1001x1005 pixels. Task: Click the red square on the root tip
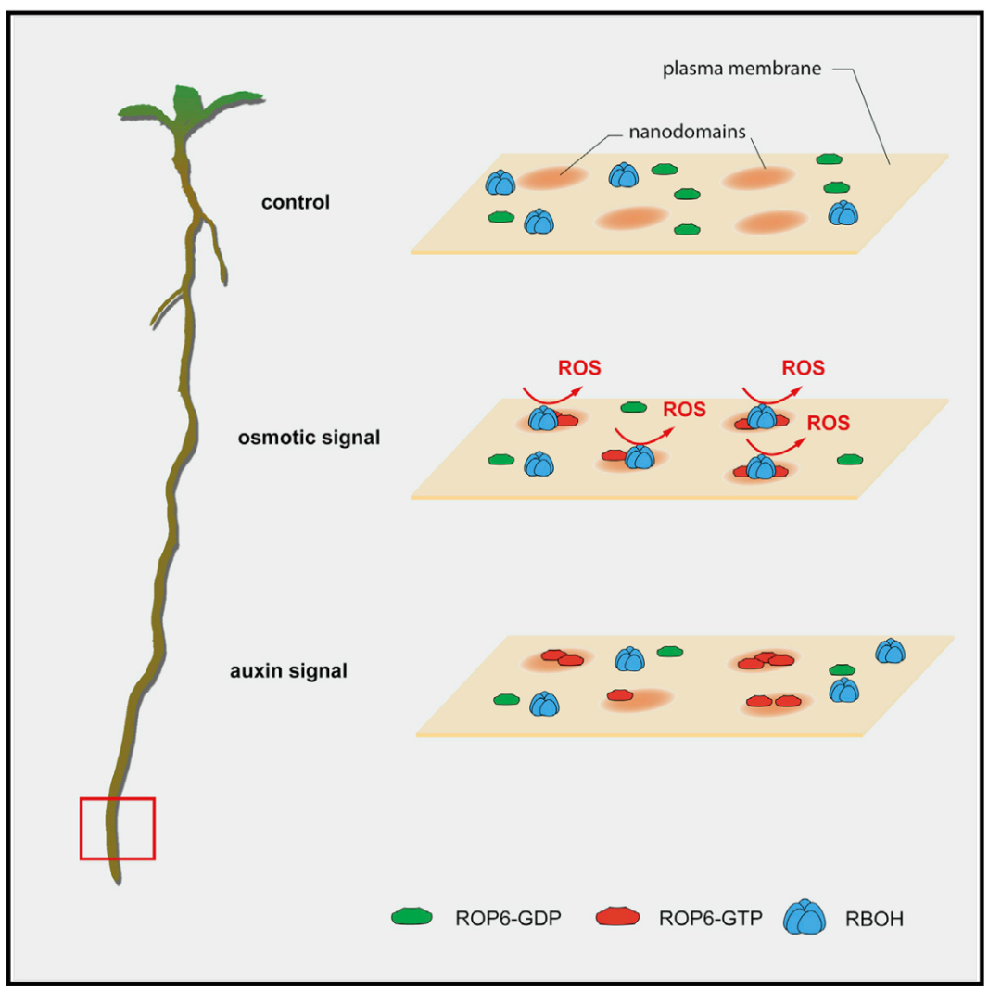click(x=117, y=828)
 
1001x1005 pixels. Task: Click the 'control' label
click(x=296, y=201)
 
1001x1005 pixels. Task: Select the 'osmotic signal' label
click(x=309, y=437)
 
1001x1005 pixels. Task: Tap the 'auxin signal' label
click(x=288, y=668)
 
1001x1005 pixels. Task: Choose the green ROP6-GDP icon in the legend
click(x=412, y=917)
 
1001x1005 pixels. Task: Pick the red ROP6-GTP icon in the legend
click(x=616, y=917)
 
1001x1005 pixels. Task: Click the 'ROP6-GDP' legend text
click(x=499, y=919)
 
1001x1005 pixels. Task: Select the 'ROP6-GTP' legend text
click(x=702, y=919)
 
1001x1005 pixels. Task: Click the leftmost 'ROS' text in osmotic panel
click(x=579, y=368)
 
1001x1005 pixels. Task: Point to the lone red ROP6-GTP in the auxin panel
click(x=621, y=694)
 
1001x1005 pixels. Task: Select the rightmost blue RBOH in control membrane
click(x=843, y=213)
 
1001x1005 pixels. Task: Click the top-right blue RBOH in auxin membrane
click(x=890, y=651)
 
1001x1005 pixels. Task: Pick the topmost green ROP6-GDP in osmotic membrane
click(x=633, y=407)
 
